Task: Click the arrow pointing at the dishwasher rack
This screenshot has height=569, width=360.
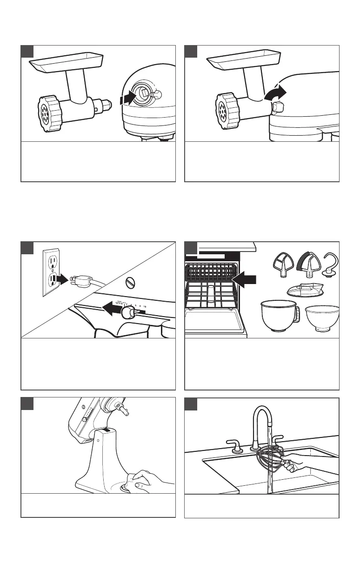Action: [245, 279]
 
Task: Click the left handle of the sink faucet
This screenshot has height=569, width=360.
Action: [235, 448]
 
